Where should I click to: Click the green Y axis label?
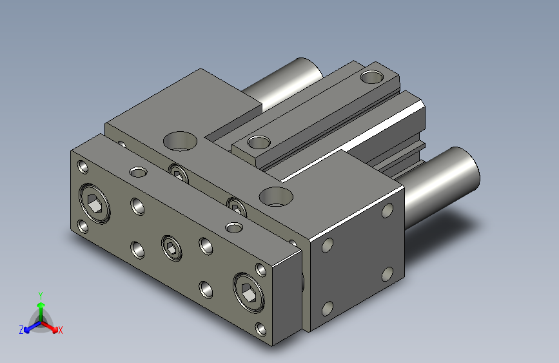pyautogui.click(x=41, y=295)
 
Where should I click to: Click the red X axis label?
pyautogui.click(x=60, y=330)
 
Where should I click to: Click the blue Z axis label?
pyautogui.click(x=21, y=330)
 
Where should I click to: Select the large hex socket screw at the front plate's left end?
pyautogui.click(x=95, y=203)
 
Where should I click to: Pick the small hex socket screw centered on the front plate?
pyautogui.click(x=172, y=247)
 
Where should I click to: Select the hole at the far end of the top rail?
pyautogui.click(x=371, y=77)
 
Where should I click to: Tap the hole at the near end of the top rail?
pyautogui.click(x=259, y=142)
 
